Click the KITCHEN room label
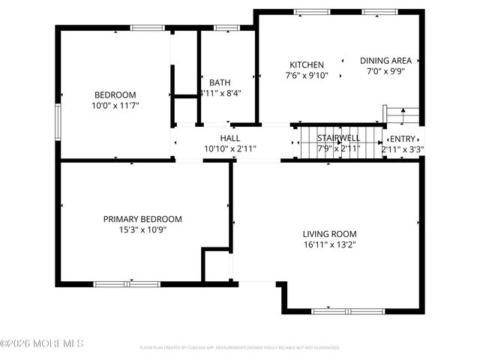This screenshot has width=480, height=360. click(x=307, y=65)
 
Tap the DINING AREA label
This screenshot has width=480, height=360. click(x=385, y=61)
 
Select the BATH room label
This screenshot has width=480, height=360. click(x=220, y=82)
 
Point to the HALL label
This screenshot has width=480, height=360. click(x=229, y=138)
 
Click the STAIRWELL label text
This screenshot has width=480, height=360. click(x=338, y=138)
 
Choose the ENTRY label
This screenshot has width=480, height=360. click(x=403, y=138)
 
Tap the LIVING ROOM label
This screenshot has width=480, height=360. click(x=329, y=233)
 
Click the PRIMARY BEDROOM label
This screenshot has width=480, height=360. click(x=142, y=219)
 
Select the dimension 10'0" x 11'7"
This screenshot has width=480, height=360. click(x=115, y=106)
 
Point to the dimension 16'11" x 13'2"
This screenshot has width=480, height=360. click(x=329, y=244)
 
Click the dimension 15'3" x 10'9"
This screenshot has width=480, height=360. click(x=142, y=229)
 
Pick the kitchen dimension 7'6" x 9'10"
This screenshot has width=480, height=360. click(x=307, y=76)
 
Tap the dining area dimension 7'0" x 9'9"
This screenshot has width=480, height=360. click(x=385, y=71)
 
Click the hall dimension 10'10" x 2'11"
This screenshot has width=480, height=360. click(x=229, y=148)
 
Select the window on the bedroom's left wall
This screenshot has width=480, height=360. click(x=58, y=121)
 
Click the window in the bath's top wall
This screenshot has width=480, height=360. click(x=224, y=28)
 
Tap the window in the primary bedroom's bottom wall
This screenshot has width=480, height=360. click(x=127, y=283)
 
